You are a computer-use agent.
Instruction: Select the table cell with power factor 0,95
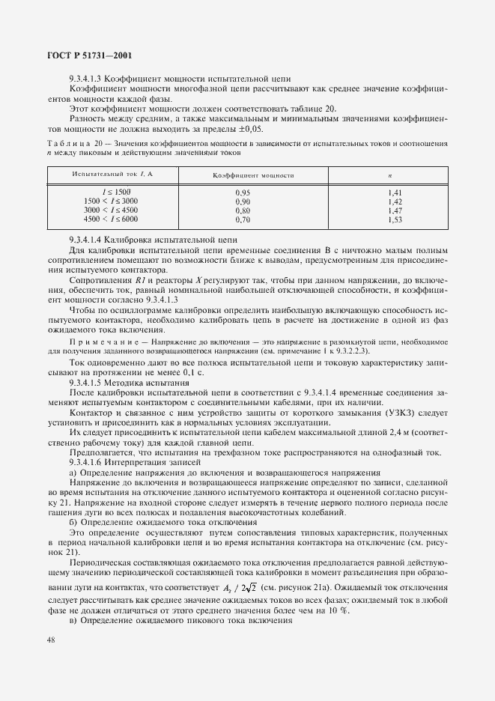[243, 192]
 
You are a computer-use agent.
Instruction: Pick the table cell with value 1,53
[395, 220]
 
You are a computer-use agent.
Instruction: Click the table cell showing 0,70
[243, 220]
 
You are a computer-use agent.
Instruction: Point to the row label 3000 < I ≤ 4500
[111, 211]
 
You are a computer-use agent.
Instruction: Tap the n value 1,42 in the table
[395, 201]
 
